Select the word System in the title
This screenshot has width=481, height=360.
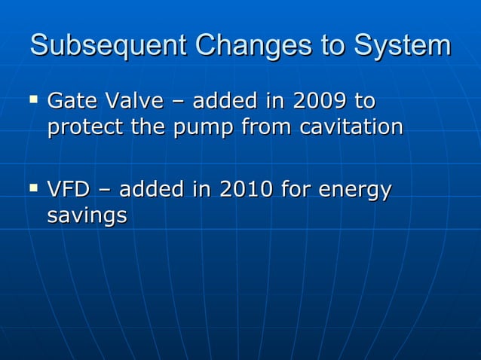(401, 46)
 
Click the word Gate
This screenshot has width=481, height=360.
(70, 101)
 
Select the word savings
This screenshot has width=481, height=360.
(86, 217)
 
